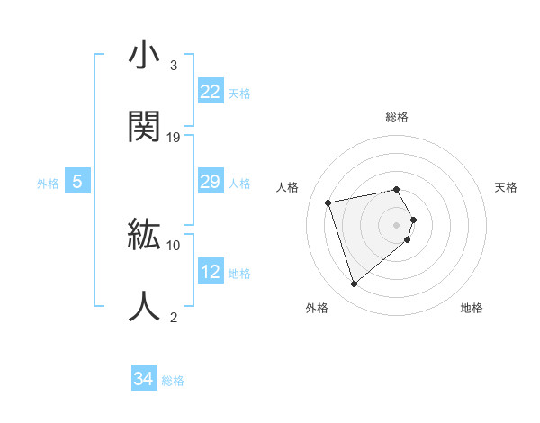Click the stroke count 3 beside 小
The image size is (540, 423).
click(174, 66)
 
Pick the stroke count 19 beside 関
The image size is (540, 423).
click(175, 137)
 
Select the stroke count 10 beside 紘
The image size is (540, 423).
click(174, 245)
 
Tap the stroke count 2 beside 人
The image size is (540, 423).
click(174, 316)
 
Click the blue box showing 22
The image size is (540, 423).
click(211, 92)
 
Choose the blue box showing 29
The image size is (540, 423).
click(211, 183)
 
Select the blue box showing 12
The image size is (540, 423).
click(211, 272)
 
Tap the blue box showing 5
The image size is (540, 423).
click(77, 183)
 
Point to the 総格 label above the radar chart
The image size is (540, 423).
click(397, 117)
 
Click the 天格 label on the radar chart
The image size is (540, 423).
click(507, 187)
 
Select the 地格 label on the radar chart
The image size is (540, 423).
click(472, 308)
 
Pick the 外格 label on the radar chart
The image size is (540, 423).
click(317, 308)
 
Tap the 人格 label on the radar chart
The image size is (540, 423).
click(287, 187)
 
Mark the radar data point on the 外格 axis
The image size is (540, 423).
click(355, 283)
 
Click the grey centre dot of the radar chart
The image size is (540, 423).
click(397, 224)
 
